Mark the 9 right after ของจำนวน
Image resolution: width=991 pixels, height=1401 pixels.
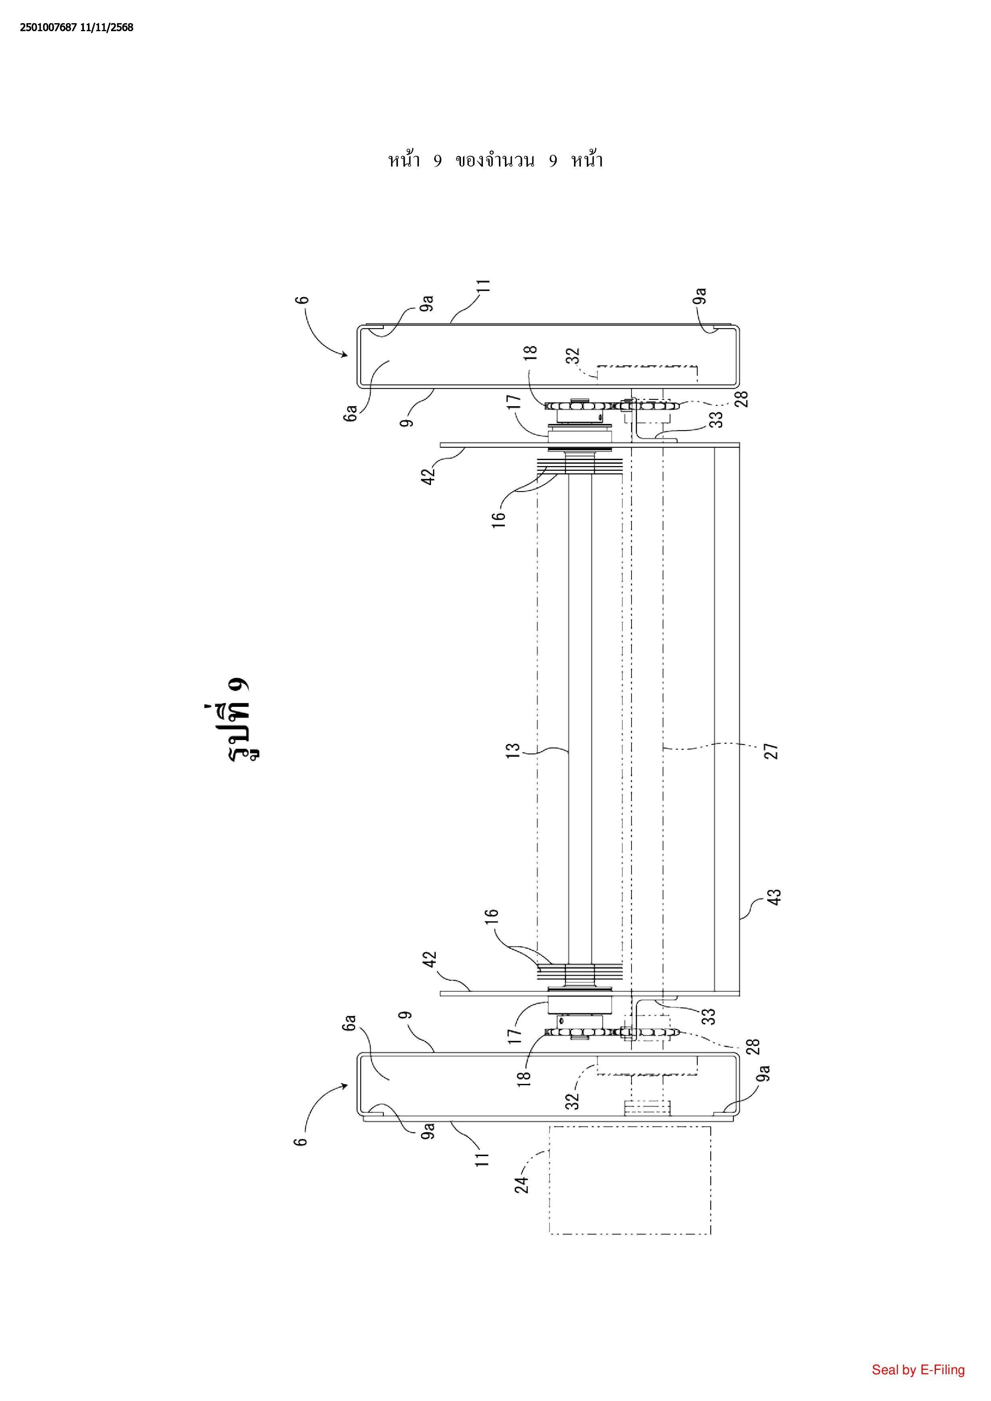(x=553, y=161)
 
